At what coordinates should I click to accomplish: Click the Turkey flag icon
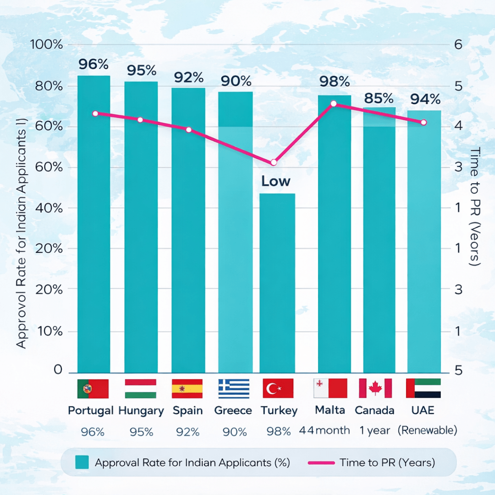click(278, 389)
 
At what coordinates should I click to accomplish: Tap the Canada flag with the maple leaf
click(375, 388)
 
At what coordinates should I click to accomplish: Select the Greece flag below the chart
click(234, 389)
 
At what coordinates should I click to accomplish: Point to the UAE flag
click(423, 388)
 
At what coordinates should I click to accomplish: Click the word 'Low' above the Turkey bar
click(276, 181)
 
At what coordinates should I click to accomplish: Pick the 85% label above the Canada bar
click(379, 98)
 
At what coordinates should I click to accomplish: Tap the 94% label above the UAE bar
click(425, 99)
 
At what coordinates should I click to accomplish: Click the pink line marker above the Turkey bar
click(274, 162)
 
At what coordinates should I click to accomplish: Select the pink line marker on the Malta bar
click(334, 104)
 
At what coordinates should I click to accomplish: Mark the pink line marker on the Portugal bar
click(95, 113)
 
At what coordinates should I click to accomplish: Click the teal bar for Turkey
click(277, 284)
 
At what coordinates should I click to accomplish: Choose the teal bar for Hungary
click(141, 229)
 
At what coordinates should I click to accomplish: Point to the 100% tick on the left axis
click(46, 45)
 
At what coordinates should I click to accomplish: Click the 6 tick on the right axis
click(458, 45)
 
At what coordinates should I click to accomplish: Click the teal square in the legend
click(82, 462)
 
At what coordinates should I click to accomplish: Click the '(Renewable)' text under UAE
click(427, 431)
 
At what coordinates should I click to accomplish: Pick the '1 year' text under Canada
click(375, 431)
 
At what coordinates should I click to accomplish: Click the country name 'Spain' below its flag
click(187, 411)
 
